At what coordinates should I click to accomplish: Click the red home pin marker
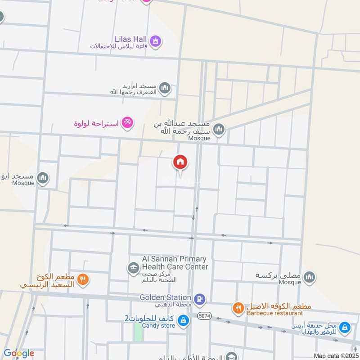coord(180,162)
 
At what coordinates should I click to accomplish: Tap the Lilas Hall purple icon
coord(156,41)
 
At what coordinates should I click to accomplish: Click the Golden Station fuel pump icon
coord(199,298)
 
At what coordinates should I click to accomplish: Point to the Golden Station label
coord(165,297)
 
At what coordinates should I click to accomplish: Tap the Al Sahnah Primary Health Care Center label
coord(175,263)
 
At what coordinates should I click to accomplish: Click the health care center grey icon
coord(133,269)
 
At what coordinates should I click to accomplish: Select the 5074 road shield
coord(204,317)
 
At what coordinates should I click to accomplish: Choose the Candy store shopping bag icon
coord(183,320)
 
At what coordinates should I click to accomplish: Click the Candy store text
coord(158,326)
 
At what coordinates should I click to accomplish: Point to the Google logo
coord(18,353)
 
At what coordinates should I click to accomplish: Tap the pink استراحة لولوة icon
coord(128,122)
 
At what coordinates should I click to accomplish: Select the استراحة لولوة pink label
coord(97,122)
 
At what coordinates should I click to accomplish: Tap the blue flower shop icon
coord(345,328)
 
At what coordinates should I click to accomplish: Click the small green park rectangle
coord(138,332)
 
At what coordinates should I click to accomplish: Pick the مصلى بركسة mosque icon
coord(309,276)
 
